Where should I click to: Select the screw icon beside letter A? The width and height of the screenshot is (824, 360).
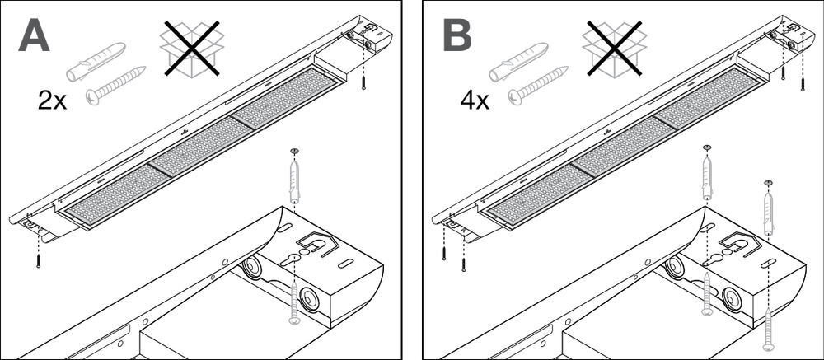click(x=115, y=85)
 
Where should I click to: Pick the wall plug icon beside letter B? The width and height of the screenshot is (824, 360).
click(x=519, y=61)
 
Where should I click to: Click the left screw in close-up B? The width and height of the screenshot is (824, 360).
click(x=707, y=293)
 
